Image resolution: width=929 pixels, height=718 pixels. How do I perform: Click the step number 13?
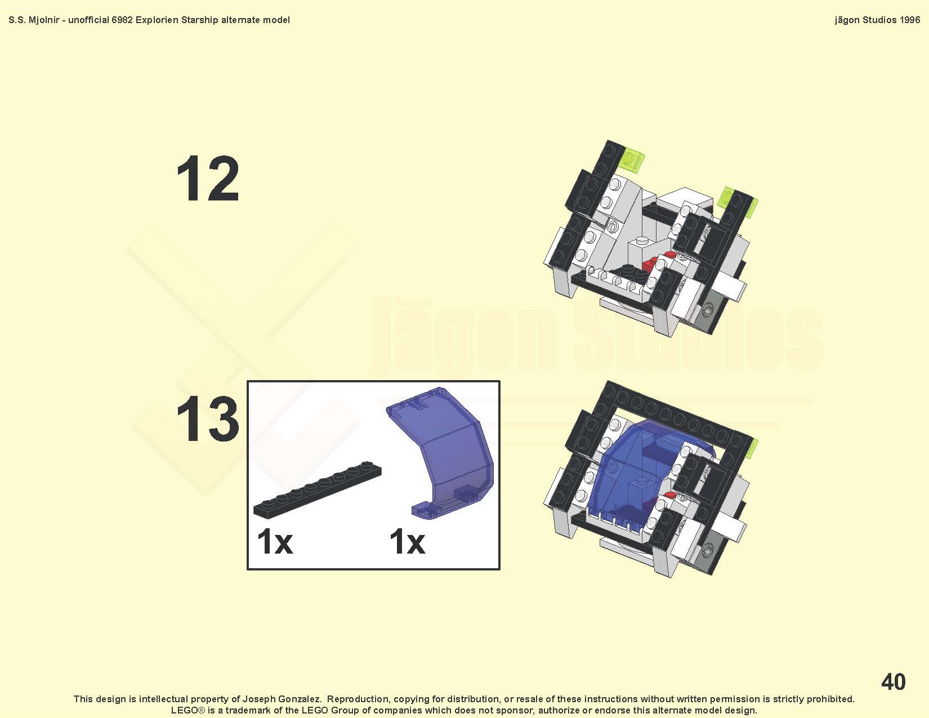point(208,418)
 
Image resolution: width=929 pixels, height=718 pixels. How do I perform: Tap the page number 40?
point(893,681)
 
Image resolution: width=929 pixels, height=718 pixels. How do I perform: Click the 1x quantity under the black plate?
point(275,542)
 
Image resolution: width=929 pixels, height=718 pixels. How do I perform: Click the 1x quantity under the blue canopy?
point(407,542)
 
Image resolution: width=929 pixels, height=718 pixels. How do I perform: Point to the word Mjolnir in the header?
point(43,20)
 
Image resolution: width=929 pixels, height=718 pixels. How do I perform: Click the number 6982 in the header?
point(122,20)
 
